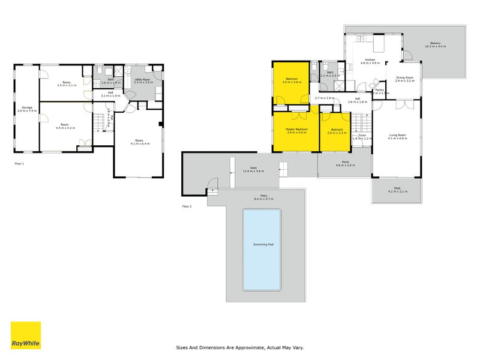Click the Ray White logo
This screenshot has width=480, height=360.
point(26,335)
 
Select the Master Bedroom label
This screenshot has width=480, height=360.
point(296,130)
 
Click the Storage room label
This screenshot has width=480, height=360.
point(27,108)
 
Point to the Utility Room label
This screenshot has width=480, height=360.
point(143,79)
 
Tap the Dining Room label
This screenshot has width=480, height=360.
point(405,77)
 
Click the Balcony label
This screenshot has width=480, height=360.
point(436,43)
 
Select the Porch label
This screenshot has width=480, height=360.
point(346,161)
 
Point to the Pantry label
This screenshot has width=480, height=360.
point(379,90)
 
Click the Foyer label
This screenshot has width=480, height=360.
point(362,136)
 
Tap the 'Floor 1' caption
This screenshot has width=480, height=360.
point(19,163)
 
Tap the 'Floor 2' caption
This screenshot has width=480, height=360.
point(187,206)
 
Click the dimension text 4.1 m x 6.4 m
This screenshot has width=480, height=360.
point(138,145)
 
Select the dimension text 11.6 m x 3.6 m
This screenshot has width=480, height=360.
point(253,172)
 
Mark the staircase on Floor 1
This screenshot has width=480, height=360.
point(100,122)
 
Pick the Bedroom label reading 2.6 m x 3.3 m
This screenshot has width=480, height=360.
point(336,131)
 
